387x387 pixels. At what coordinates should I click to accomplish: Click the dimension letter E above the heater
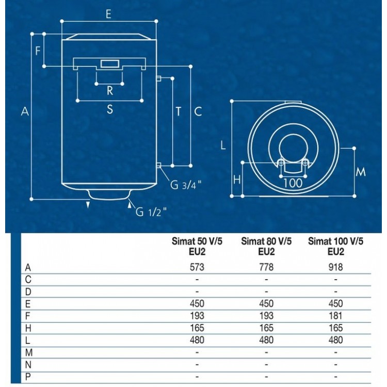[x=108, y=14]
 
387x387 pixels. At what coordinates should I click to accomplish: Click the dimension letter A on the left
[x=24, y=111]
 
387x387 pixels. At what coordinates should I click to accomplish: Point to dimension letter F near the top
[x=38, y=51]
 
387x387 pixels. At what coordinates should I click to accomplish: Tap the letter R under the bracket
[x=109, y=91]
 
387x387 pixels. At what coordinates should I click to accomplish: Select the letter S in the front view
[x=109, y=109]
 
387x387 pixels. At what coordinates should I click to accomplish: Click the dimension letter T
[x=179, y=111]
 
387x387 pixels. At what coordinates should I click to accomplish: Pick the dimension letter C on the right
[x=197, y=111]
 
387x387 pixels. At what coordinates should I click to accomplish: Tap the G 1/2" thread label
[x=151, y=211]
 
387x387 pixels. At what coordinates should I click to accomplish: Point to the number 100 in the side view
[x=293, y=182]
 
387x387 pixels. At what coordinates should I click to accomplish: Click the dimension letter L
[x=223, y=146]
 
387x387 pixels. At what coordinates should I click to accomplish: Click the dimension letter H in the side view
[x=237, y=180]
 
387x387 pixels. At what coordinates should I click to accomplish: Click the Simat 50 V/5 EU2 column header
[x=197, y=246]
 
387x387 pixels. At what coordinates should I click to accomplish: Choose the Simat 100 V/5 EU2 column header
[x=335, y=246]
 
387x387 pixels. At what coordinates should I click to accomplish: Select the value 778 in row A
[x=266, y=267]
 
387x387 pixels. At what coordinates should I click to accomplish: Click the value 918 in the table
[x=335, y=267]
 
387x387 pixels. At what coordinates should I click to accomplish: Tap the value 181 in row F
[x=335, y=316]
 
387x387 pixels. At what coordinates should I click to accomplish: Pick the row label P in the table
[x=28, y=376]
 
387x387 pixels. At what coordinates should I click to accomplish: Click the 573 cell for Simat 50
[x=197, y=267]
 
